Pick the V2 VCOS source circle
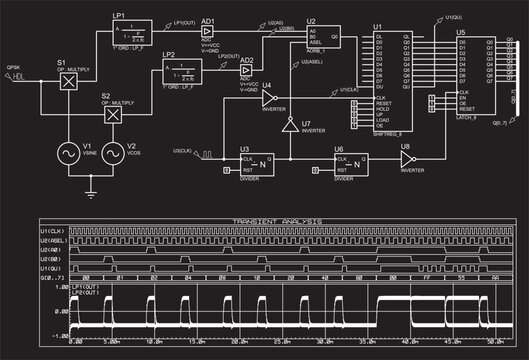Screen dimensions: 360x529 [113, 155]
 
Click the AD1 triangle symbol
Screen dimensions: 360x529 [208, 33]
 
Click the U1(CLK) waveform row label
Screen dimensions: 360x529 [52, 232]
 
